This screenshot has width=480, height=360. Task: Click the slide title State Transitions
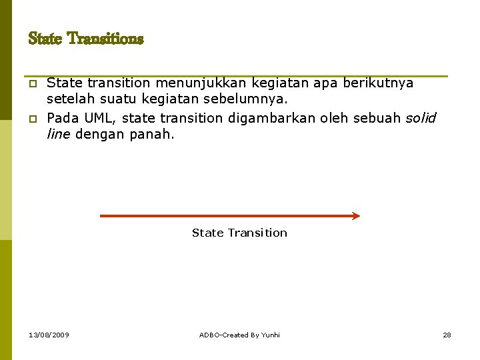[x=86, y=39]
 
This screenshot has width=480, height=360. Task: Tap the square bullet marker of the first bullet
[x=31, y=85]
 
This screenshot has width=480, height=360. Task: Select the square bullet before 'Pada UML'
[x=31, y=119]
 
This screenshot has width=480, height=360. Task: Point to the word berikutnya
[x=378, y=83]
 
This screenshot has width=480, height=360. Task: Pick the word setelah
[x=69, y=99]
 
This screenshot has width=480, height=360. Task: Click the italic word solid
[x=421, y=118]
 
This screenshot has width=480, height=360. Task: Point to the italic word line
[x=59, y=134]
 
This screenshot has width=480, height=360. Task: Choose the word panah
[x=153, y=134]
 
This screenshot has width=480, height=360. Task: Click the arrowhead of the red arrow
[x=355, y=216]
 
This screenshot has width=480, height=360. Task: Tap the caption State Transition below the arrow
[x=239, y=233]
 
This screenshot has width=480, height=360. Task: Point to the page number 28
[x=447, y=335]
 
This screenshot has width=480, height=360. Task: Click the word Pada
[x=63, y=118]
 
